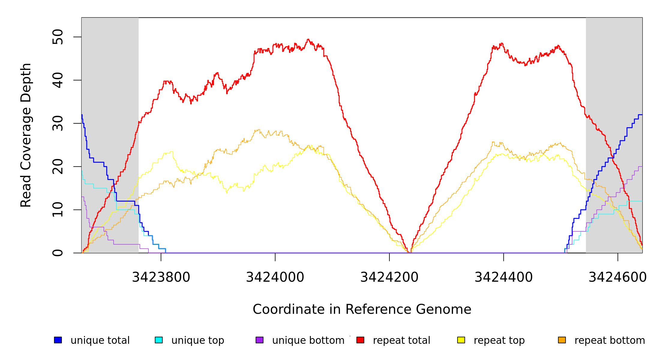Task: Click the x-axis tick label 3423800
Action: tap(161, 277)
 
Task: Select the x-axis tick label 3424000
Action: tap(275, 277)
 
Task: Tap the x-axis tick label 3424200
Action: tap(389, 277)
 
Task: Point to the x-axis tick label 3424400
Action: tap(503, 277)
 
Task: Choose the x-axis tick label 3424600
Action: tap(617, 277)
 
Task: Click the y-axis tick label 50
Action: tap(58, 37)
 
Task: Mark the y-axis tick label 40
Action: tap(58, 80)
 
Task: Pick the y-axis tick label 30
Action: tap(58, 123)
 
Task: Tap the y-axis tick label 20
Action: tap(58, 166)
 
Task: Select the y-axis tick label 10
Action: tap(58, 210)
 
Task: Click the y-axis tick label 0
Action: tap(58, 253)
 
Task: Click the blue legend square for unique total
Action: tap(58, 340)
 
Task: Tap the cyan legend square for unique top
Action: tap(159, 340)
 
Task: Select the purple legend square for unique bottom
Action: tap(259, 340)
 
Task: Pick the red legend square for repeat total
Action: tap(360, 340)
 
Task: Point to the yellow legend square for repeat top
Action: tap(461, 340)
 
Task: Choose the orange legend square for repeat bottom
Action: tap(562, 340)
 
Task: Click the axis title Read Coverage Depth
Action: tap(26, 135)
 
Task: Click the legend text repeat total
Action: tap(401, 340)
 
